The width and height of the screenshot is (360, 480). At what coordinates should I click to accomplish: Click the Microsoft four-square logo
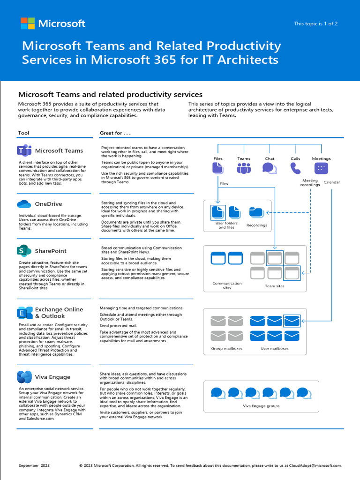28,23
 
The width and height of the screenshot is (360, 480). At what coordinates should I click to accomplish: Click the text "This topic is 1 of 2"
315,24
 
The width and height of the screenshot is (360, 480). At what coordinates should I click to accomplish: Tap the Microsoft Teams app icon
24,150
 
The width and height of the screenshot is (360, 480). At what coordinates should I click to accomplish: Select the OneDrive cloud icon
24,204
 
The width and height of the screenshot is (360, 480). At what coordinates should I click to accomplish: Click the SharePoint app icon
24,251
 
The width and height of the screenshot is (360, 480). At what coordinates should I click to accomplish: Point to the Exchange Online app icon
24,313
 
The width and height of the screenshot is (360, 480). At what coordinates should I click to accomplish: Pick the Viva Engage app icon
24,377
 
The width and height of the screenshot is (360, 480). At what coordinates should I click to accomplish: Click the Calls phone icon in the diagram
295,168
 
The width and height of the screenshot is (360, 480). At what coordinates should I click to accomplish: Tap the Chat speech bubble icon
269,168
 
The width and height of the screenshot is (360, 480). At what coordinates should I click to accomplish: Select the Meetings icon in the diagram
321,168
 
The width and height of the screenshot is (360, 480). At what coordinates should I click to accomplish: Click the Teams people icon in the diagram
244,168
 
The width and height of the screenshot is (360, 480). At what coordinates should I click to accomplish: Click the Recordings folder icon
256,212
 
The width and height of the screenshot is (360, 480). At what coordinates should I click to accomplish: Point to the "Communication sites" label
227,285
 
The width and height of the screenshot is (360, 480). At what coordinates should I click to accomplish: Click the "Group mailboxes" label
227,348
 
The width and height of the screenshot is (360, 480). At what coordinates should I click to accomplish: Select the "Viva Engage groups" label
261,406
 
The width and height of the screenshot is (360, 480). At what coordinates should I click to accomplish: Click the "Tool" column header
23,133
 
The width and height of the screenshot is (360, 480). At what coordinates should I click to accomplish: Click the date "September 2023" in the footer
34,465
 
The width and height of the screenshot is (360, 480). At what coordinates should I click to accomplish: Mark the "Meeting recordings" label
310,182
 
